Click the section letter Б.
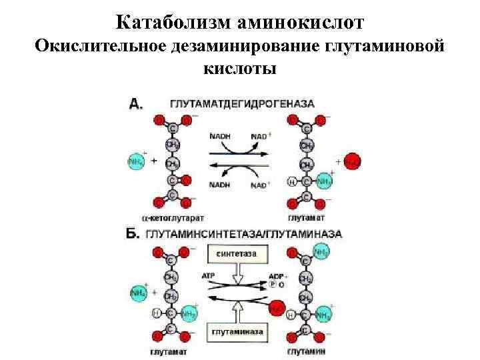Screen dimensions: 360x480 point(133,234)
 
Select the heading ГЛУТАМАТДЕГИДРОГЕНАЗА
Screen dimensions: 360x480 point(243,104)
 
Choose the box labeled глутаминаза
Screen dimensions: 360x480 point(238,331)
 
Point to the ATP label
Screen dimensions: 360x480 point(209,275)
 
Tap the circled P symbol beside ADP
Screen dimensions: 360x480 point(272,283)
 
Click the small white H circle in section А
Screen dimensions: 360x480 point(291,181)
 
